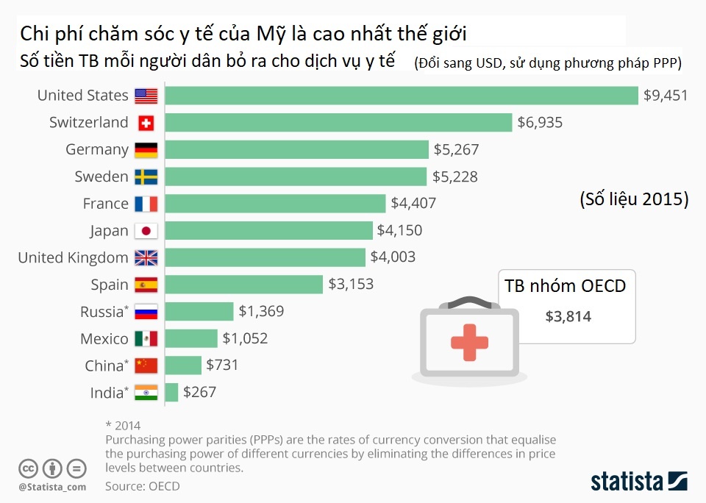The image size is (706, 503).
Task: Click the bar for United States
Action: pyautogui.click(x=401, y=96)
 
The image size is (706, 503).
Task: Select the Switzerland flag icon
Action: pyautogui.click(x=146, y=123)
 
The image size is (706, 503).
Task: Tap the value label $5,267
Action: pyautogui.click(x=456, y=150)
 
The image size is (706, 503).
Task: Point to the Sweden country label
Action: pyautogui.click(x=101, y=176)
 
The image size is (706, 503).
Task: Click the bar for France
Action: pyautogui.click(x=275, y=204)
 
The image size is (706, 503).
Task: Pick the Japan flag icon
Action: pyautogui.click(x=146, y=231)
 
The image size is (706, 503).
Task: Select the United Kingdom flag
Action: pyautogui.click(x=146, y=258)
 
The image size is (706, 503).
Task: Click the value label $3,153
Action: pyautogui.click(x=351, y=285)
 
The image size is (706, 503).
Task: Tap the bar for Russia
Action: pyautogui.click(x=199, y=311)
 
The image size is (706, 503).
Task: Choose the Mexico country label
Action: pyautogui.click(x=104, y=339)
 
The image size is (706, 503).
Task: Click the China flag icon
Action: pyautogui.click(x=146, y=365)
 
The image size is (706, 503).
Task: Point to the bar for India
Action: pyautogui.click(x=171, y=392)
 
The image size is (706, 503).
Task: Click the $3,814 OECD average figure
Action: pyautogui.click(x=568, y=316)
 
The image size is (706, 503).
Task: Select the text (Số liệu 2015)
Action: pyautogui.click(x=633, y=200)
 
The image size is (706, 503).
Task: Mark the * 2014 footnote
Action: pyautogui.click(x=124, y=425)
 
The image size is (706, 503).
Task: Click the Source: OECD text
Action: pyautogui.click(x=142, y=486)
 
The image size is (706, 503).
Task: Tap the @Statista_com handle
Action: pyautogui.click(x=52, y=486)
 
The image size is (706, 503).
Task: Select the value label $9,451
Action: pyautogui.click(x=665, y=96)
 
